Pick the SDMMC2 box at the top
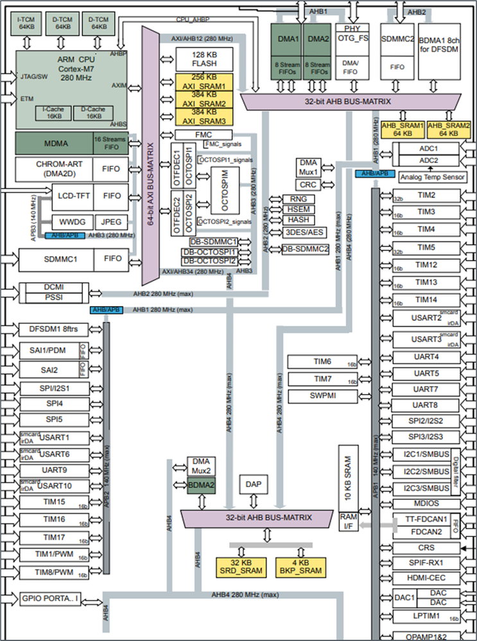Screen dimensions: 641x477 [x=397, y=39]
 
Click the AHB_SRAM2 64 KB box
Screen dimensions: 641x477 [x=443, y=130]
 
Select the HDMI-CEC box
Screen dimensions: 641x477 [x=425, y=577]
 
